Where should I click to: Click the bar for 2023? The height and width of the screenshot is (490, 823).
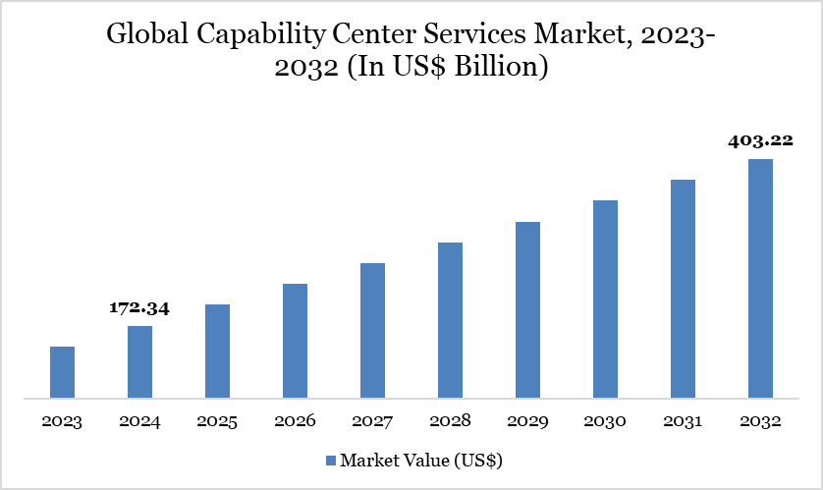(x=62, y=373)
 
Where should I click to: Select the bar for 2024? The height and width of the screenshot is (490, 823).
(x=139, y=362)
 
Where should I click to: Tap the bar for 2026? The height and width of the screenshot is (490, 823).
(x=295, y=342)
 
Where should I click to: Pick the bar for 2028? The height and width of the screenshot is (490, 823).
(x=450, y=320)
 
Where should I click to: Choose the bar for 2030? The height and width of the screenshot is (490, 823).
(x=605, y=299)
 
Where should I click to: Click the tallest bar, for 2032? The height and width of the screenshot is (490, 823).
(x=760, y=279)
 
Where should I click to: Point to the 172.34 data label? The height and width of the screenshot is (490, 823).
(x=139, y=308)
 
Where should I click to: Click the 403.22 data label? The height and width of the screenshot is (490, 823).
(x=760, y=140)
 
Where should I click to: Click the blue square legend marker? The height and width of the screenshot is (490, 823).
(x=330, y=460)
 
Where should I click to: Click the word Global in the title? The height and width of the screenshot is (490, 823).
(x=148, y=36)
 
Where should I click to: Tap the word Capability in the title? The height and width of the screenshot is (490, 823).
(x=266, y=37)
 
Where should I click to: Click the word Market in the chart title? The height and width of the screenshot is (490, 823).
(x=570, y=36)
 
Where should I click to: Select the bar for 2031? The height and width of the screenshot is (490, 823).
(x=683, y=289)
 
